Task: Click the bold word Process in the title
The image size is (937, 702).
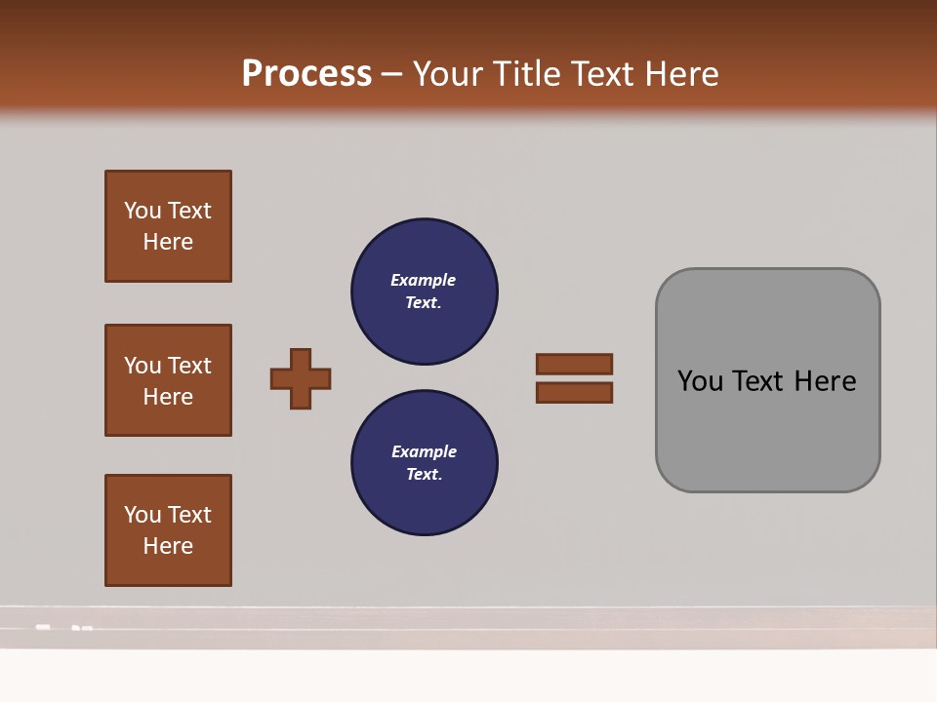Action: point(306,74)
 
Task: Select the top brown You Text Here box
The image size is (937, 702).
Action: point(168,226)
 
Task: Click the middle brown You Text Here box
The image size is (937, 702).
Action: point(168,380)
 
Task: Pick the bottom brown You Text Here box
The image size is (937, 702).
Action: point(168,529)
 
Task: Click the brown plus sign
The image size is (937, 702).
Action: point(301,378)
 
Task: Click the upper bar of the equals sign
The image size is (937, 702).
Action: point(574,365)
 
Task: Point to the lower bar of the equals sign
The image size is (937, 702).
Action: point(574,392)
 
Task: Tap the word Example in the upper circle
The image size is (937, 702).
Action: point(424,280)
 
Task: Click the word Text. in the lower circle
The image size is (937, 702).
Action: point(424,474)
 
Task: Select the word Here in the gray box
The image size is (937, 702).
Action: point(825,381)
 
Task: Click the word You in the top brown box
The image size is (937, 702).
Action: point(143,211)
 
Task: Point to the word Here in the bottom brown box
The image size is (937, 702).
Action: point(168,546)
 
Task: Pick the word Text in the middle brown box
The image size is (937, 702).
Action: point(189,366)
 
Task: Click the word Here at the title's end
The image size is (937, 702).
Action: point(679,74)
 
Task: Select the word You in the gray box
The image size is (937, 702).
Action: point(700,381)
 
